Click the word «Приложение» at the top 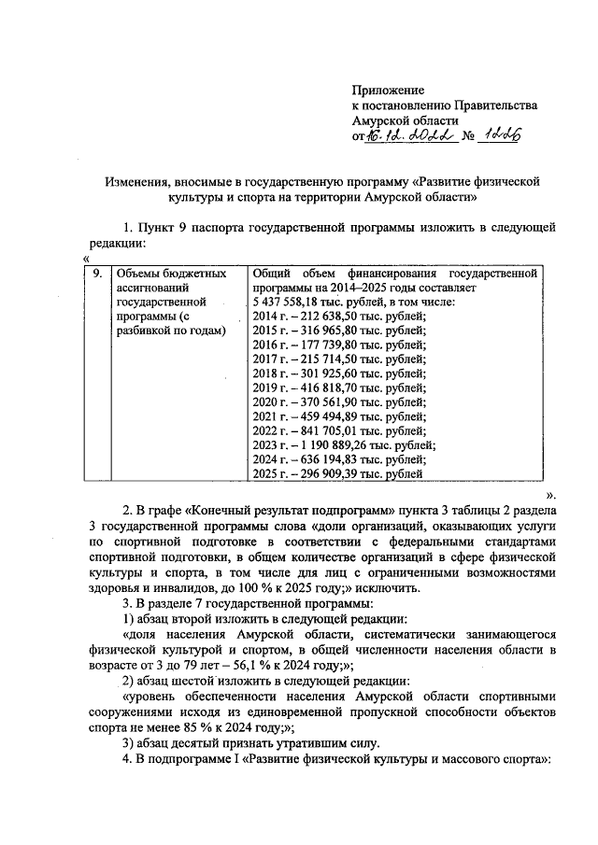[388, 91]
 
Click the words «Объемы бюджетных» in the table [168, 274]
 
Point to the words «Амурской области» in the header [405, 120]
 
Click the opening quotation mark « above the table [86, 259]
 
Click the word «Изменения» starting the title [135, 179]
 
